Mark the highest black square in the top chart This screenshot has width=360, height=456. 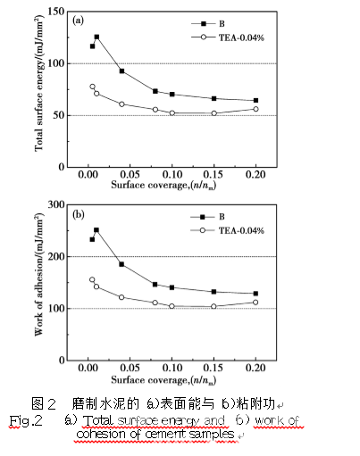[96, 37]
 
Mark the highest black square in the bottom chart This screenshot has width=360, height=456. [96, 230]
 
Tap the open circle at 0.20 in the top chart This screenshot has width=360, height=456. [255, 109]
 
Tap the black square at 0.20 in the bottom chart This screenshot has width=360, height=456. [255, 294]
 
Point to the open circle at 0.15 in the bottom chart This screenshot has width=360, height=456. [213, 306]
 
